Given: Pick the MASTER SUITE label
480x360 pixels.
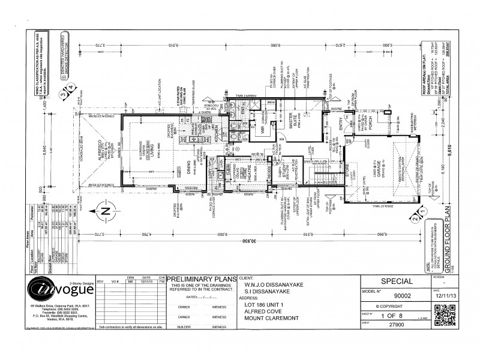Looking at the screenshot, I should coord(295,127).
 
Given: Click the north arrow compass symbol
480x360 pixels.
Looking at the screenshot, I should coord(103,211).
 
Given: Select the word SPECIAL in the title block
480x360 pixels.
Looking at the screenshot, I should coord(397,281).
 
